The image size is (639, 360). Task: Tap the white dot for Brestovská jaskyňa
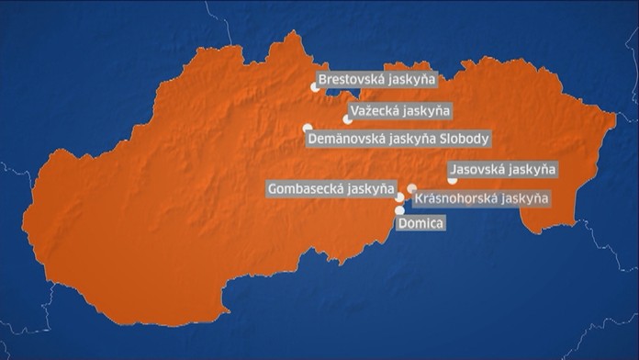pos(315,87)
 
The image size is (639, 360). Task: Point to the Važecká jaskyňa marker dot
pos(347,118)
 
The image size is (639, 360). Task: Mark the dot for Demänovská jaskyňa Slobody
pos(308,129)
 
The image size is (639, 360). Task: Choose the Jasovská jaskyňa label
pos(503,170)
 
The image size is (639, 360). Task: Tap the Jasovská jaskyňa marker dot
pos(452,181)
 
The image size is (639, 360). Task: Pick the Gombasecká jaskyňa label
pos(331,188)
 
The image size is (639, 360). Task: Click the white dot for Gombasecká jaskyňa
pos(399,197)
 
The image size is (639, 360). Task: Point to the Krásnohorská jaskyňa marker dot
pos(412,188)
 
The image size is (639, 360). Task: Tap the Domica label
pos(421,223)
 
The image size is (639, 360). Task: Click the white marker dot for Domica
pos(399,210)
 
